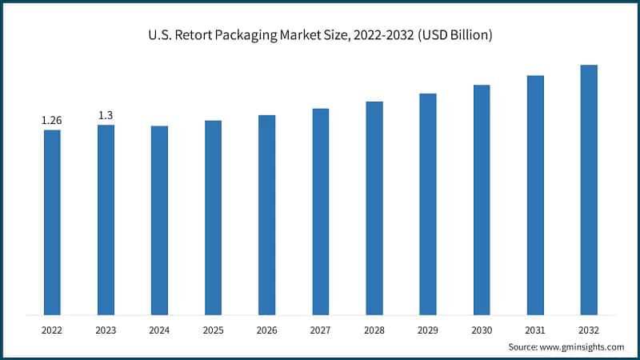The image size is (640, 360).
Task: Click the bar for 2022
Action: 52,222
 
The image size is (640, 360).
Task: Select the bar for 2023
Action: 106,219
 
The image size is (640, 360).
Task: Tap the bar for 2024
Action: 159,220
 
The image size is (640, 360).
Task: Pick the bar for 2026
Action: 266,214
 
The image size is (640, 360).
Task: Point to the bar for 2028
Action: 374,208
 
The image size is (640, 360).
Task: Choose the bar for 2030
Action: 482,199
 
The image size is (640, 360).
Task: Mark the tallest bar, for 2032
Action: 589,190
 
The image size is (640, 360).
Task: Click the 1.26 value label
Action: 52,120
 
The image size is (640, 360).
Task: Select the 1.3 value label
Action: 106,115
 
